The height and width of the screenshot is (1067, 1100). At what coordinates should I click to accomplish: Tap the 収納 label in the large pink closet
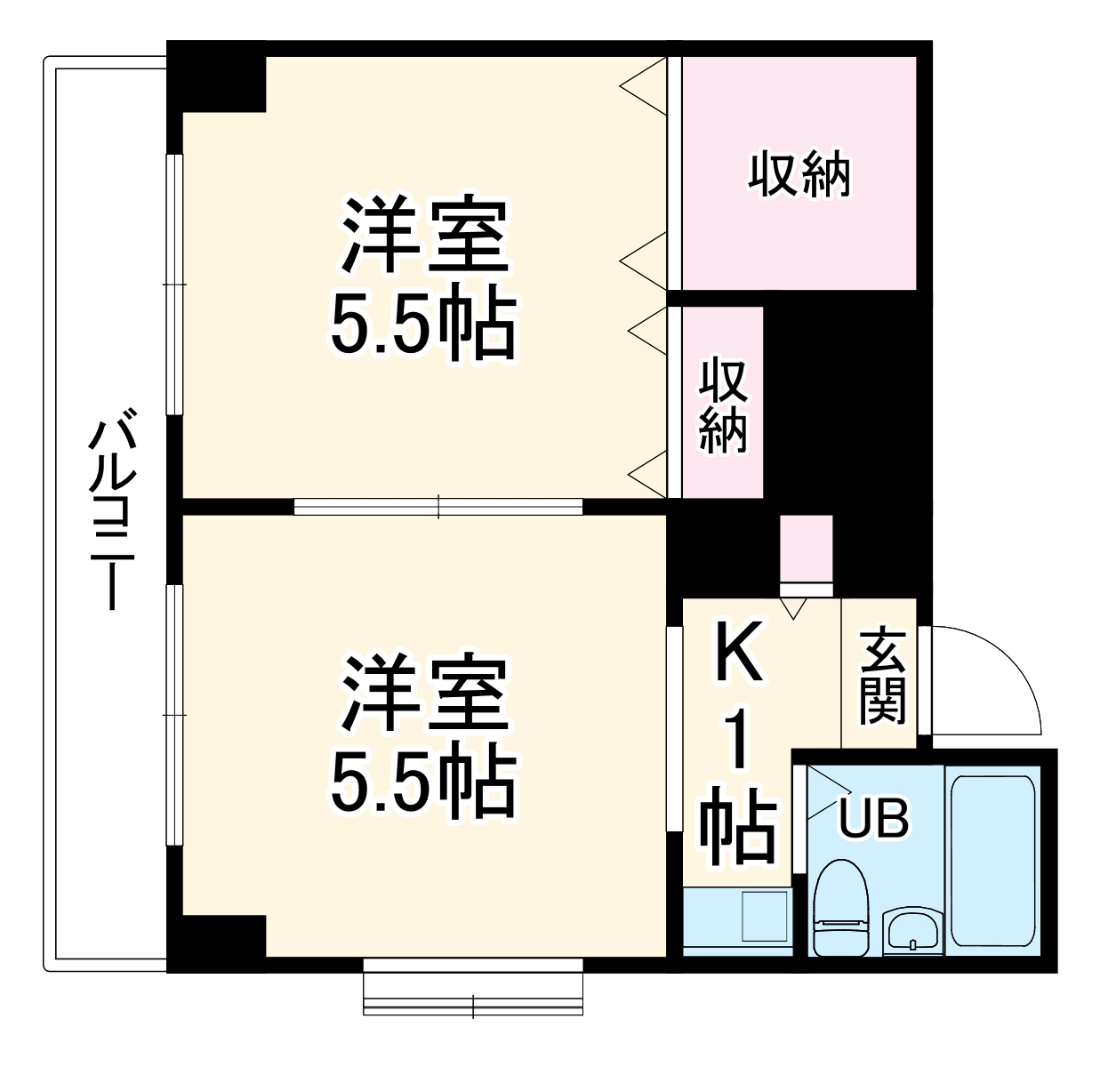click(x=799, y=175)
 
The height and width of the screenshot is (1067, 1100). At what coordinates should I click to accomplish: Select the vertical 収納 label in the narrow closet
click(x=722, y=405)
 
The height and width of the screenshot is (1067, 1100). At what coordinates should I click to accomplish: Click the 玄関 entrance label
click(x=882, y=675)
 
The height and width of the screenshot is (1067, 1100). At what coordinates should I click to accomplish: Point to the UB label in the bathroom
click(x=875, y=819)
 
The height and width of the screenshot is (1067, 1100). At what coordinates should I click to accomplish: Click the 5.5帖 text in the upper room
click(x=422, y=325)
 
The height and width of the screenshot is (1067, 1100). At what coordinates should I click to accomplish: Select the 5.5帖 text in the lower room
click(x=422, y=783)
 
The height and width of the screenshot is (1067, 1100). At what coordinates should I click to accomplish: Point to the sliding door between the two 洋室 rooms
click(x=438, y=506)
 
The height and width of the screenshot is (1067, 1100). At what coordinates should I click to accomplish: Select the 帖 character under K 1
click(x=737, y=831)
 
